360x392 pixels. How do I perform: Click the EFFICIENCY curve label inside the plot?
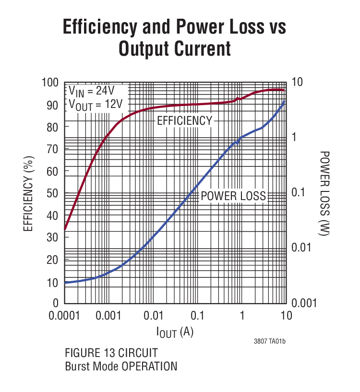184,120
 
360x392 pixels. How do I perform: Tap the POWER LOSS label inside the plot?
233,196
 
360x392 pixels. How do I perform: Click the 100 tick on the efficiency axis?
52,83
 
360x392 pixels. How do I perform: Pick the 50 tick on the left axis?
54,193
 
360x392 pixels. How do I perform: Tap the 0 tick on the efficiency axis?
57,303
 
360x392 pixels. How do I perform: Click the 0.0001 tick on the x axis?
65,316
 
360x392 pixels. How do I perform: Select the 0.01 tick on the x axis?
154,316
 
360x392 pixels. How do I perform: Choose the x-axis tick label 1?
242,316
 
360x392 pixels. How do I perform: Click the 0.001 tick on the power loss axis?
304,303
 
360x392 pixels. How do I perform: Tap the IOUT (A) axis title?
175,332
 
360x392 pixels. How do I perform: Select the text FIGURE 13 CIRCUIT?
111,354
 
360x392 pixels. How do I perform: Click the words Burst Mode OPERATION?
121,367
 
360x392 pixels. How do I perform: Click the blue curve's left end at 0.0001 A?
65,283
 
